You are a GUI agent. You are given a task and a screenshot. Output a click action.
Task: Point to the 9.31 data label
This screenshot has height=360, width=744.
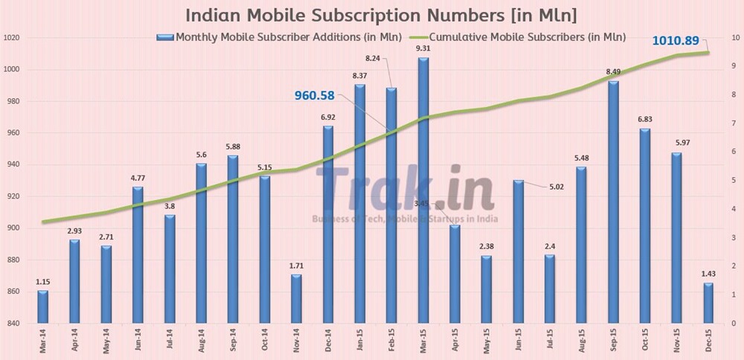pyautogui.click(x=423, y=48)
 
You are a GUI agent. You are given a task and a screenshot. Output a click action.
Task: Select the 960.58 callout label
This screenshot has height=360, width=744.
pyautogui.click(x=322, y=95)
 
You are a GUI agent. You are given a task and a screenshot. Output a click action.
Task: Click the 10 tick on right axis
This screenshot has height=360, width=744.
pyautogui.click(x=734, y=38)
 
